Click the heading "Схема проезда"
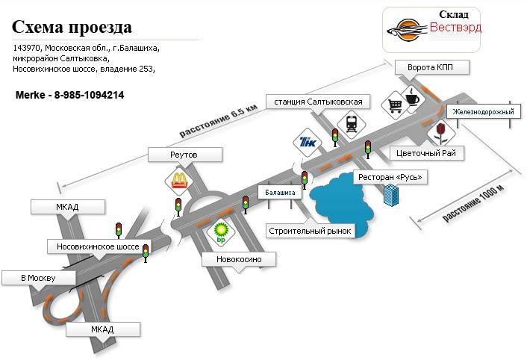[72, 28]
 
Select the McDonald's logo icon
[178, 180]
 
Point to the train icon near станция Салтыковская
[349, 123]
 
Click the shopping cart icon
[393, 106]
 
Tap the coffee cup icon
[411, 94]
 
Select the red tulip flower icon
[442, 131]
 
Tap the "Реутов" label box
[185, 155]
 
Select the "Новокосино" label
[239, 259]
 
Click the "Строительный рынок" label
[310, 230]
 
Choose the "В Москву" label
[38, 279]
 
